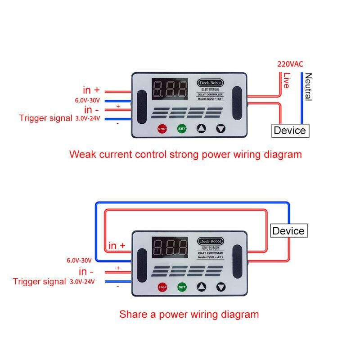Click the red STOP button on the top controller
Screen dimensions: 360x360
tap(162, 129)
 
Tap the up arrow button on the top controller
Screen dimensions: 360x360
tap(201, 129)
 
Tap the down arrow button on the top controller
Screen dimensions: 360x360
tap(220, 129)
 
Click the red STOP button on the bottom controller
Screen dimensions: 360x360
tap(162, 287)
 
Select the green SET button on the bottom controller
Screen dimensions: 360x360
tap(182, 287)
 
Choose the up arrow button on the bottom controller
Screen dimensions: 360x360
tap(201, 287)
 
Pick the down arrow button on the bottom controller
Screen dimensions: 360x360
tap(220, 287)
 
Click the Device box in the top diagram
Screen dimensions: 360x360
tap(290, 130)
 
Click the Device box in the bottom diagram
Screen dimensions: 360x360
tap(288, 231)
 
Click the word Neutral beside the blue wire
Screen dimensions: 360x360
tap(308, 87)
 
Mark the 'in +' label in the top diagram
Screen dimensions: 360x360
tap(94, 90)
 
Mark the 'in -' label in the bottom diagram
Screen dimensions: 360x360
tap(86, 271)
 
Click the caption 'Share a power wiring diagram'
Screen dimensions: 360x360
tap(189, 314)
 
